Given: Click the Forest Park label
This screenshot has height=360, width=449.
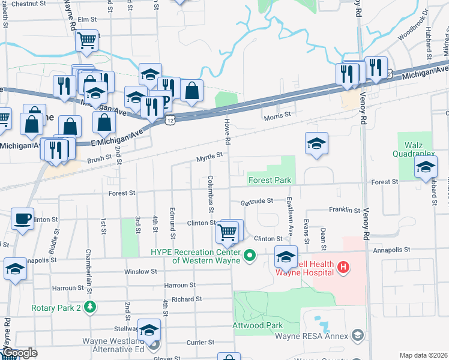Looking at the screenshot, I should pos(270,180).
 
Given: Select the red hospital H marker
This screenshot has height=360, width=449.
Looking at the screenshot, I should pos(343,266).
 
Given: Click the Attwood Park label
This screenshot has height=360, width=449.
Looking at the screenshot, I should pos(258,325).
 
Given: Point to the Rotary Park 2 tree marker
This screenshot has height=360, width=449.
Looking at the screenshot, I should pos(90,308).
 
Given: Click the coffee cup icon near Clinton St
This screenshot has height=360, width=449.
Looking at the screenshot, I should pos(23,220).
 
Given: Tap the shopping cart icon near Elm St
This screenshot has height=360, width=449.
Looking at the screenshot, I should pos(86,41).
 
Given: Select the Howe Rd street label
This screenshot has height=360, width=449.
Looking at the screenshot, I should pos(228,131).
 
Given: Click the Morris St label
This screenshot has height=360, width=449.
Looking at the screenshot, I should pos(278,114).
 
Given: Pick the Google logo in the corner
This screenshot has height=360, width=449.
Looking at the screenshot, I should pos(19,353).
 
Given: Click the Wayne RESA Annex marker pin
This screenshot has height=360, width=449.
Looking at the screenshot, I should pos(358,335).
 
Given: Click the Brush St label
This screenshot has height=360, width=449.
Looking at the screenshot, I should pos(100,159).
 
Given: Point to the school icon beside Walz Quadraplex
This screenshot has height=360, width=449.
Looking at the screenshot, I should pos(425,167).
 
